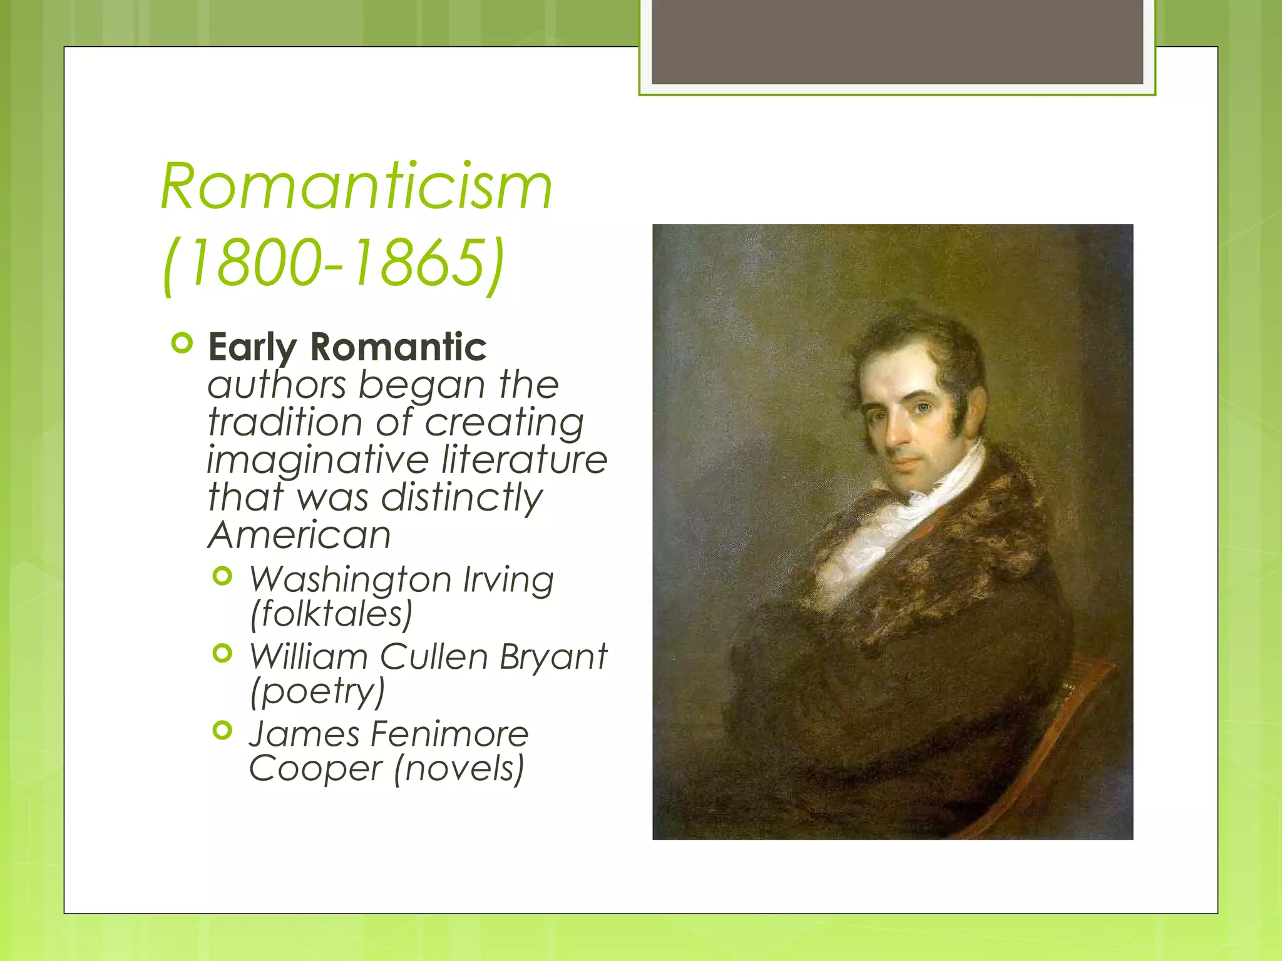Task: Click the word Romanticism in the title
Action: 357,187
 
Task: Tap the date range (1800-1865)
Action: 333,262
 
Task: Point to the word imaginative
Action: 317,460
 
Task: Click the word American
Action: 299,536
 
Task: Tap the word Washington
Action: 350,580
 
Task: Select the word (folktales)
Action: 331,614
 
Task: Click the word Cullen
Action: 434,657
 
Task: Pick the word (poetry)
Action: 317,691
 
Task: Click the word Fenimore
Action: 450,734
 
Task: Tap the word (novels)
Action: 459,768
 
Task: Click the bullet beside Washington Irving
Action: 222,576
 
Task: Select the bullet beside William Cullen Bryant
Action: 222,654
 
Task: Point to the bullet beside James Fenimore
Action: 222,730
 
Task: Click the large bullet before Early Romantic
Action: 182,343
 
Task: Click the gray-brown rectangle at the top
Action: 897,41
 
